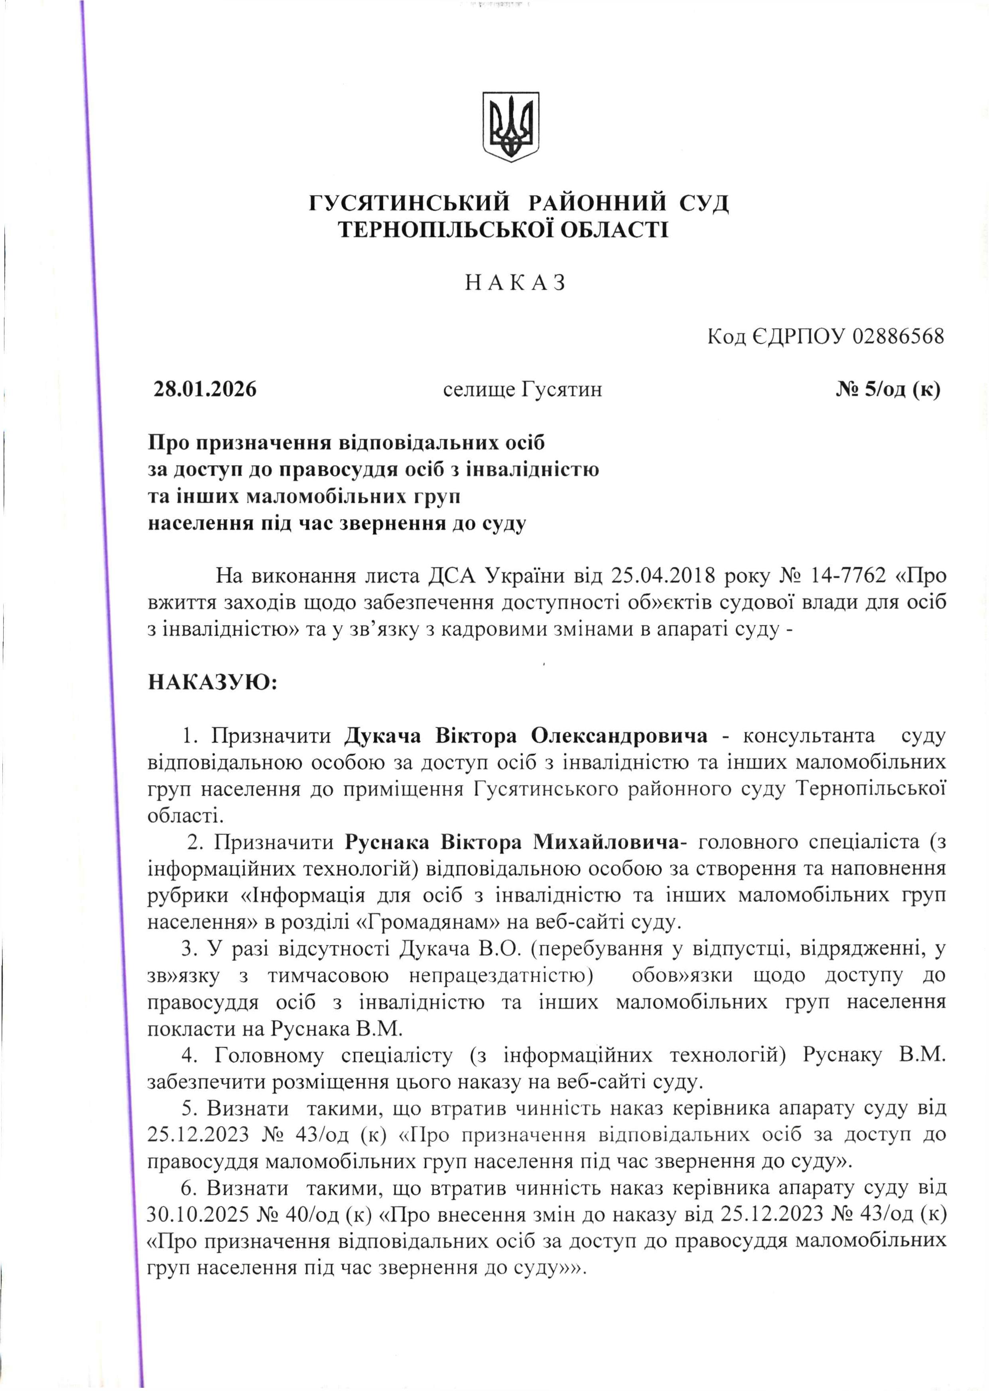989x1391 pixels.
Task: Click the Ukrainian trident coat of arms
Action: pos(511,127)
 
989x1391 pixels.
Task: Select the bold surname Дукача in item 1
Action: pos(382,736)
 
